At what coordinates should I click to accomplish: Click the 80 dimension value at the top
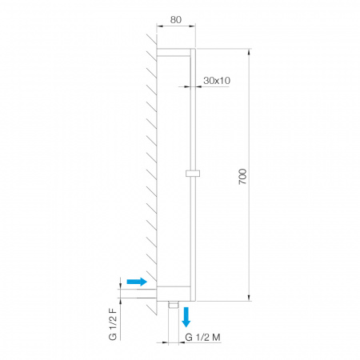[176, 20]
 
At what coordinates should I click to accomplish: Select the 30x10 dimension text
[217, 80]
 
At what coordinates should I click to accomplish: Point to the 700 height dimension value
[242, 176]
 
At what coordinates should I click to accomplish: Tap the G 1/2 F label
[113, 324]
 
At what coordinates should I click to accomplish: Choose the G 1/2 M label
[202, 338]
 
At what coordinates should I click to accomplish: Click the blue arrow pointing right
[137, 282]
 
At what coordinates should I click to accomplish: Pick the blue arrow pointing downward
[186, 317]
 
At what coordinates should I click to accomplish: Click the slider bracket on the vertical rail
[193, 174]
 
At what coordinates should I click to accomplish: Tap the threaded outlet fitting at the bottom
[174, 305]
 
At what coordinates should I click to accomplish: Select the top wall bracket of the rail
[174, 53]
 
